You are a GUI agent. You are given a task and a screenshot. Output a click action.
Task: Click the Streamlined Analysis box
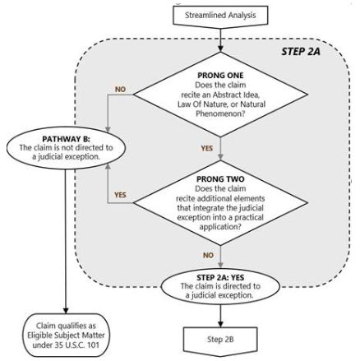click(x=220, y=16)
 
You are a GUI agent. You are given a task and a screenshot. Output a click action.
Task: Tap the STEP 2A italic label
click(x=301, y=52)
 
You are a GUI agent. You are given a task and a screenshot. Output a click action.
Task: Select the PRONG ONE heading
click(x=220, y=75)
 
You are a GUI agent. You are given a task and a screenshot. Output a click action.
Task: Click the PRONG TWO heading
click(x=220, y=179)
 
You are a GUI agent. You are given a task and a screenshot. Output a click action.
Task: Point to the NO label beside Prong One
click(x=120, y=90)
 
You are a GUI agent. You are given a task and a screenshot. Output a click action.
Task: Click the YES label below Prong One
click(x=207, y=148)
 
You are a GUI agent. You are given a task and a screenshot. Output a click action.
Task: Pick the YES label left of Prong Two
click(x=120, y=195)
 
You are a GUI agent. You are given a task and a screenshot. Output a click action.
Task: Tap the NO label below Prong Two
click(x=208, y=255)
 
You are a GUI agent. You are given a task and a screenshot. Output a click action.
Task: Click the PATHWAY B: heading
click(x=66, y=139)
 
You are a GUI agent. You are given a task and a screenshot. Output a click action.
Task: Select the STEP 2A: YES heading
click(x=220, y=277)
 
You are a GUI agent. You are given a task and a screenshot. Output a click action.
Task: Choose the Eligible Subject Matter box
click(x=66, y=336)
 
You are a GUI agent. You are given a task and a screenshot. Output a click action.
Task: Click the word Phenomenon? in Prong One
click(x=220, y=113)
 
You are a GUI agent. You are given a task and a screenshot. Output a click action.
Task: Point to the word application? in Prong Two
click(x=220, y=227)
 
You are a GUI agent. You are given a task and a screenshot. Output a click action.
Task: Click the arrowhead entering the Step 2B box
click(x=220, y=324)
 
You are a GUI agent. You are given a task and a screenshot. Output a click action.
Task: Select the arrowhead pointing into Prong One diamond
click(x=220, y=49)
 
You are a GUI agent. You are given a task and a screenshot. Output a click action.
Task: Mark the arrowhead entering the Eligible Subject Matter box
click(x=66, y=310)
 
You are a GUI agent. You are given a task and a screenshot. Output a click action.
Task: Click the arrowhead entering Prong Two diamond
click(x=220, y=156)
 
